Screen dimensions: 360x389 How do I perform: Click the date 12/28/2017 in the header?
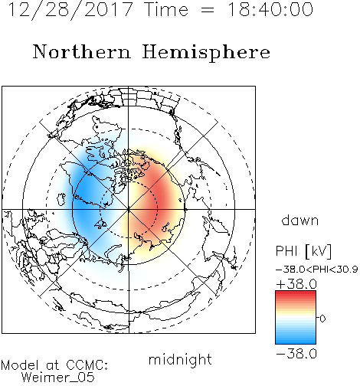[x=70, y=10]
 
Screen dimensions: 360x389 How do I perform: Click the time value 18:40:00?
[x=270, y=9]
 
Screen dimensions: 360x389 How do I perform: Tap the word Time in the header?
[x=166, y=9]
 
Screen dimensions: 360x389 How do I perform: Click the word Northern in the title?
[x=82, y=51]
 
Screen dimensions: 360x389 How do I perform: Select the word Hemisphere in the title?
[x=206, y=53]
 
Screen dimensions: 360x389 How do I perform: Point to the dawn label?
[x=300, y=220]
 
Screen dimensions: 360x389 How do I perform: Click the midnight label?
[x=180, y=360]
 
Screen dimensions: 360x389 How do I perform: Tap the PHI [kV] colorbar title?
[x=303, y=251]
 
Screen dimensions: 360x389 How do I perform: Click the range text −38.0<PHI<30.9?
[x=316, y=270]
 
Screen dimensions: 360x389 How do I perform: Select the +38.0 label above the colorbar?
[x=296, y=284]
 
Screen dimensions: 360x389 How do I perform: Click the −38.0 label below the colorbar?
[x=296, y=354]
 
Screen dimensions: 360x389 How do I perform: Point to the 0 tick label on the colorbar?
[x=322, y=319]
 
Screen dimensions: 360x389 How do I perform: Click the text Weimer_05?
[x=57, y=378]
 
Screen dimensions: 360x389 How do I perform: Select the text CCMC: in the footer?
[x=87, y=365]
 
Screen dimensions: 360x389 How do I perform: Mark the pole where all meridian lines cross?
[x=129, y=209]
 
